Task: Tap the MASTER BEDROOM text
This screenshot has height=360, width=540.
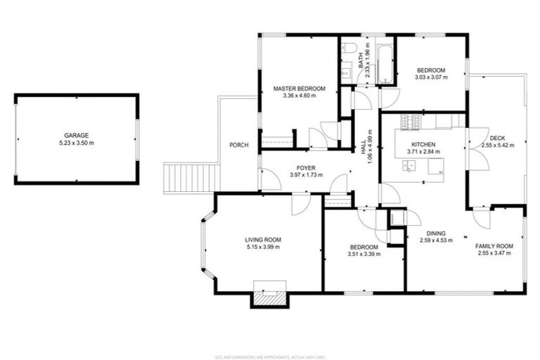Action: [300, 88]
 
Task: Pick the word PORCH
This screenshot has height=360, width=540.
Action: [239, 146]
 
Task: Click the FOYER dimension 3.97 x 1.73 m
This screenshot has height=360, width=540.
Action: [306, 175]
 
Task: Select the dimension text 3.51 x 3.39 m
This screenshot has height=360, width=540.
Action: [364, 255]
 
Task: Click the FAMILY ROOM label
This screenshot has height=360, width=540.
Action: [494, 246]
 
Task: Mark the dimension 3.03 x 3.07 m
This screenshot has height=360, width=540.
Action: [431, 77]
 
